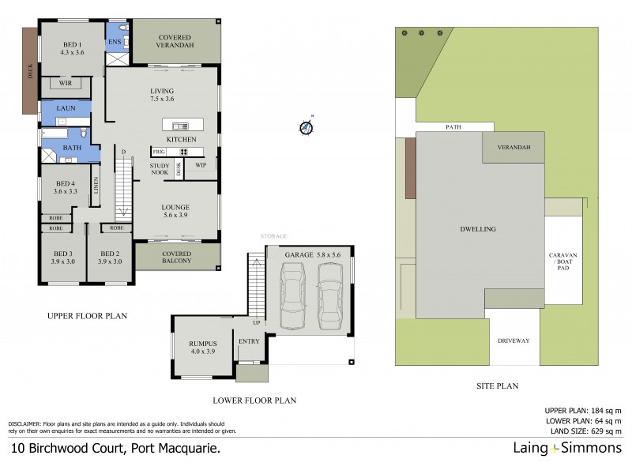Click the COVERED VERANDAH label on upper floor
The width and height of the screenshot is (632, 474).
(x=175, y=41)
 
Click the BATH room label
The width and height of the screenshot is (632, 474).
(x=72, y=148)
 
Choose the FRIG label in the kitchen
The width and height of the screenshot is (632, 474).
(x=158, y=151)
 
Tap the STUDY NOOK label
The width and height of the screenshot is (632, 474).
(x=160, y=169)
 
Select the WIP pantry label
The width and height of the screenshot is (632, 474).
(x=201, y=165)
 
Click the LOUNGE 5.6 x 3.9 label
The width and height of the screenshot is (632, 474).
(x=176, y=212)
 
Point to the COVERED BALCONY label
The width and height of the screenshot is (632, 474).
(x=176, y=256)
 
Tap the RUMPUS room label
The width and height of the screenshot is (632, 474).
(x=202, y=348)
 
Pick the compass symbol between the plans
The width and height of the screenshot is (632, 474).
(x=306, y=126)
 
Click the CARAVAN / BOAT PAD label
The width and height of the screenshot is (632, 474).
(x=564, y=262)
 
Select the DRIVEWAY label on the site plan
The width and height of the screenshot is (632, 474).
(x=513, y=340)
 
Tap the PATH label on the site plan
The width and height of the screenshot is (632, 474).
(x=453, y=126)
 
